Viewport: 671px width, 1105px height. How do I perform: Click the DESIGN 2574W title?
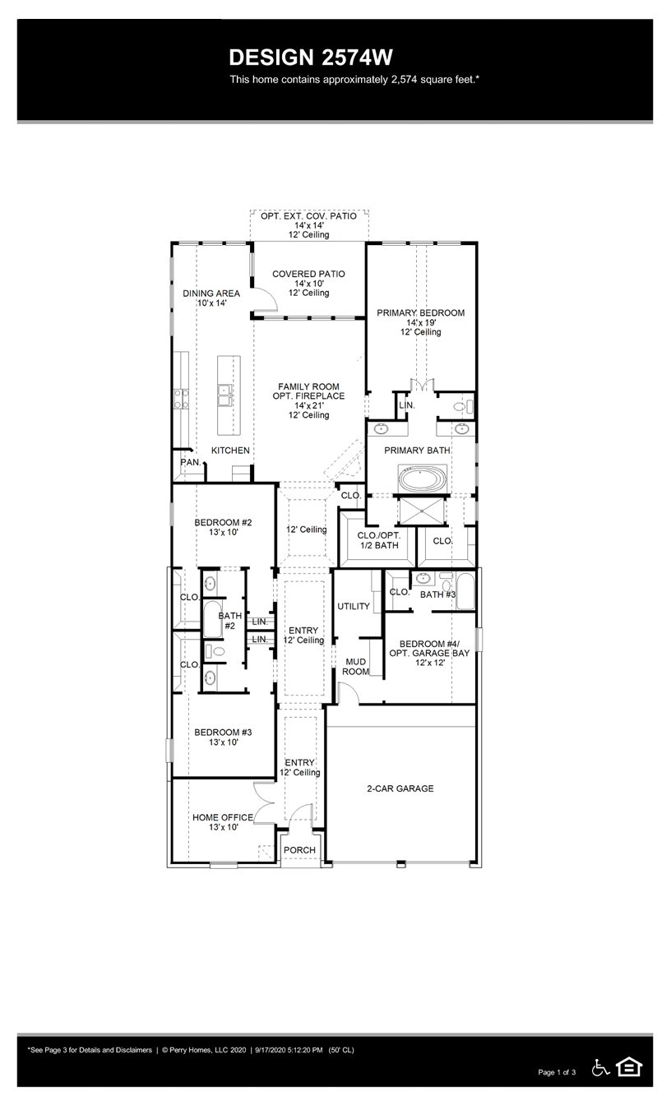(x=311, y=57)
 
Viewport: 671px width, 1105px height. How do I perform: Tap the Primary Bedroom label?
(x=420, y=313)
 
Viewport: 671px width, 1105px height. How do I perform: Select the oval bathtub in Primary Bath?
(x=423, y=479)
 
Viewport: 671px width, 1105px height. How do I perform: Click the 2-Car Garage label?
(x=400, y=788)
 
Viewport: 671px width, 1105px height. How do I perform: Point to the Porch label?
(x=299, y=850)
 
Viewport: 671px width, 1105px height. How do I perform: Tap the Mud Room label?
(x=355, y=666)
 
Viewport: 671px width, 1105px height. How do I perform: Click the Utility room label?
(x=354, y=606)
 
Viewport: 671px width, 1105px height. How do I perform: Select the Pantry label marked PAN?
(x=189, y=463)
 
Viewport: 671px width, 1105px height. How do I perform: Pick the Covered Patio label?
(x=308, y=274)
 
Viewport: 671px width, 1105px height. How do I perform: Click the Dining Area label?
(x=211, y=294)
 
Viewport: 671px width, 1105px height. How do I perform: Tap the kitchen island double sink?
(x=224, y=396)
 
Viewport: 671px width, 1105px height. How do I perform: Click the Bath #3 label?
(x=437, y=594)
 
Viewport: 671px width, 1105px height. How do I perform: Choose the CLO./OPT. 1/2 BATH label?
(x=378, y=540)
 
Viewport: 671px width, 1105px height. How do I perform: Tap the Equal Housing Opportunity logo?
(x=629, y=1067)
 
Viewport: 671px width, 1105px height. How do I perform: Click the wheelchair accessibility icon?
(x=600, y=1067)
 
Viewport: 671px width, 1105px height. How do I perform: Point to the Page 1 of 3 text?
(x=557, y=1072)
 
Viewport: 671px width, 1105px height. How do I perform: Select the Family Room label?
(x=308, y=386)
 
